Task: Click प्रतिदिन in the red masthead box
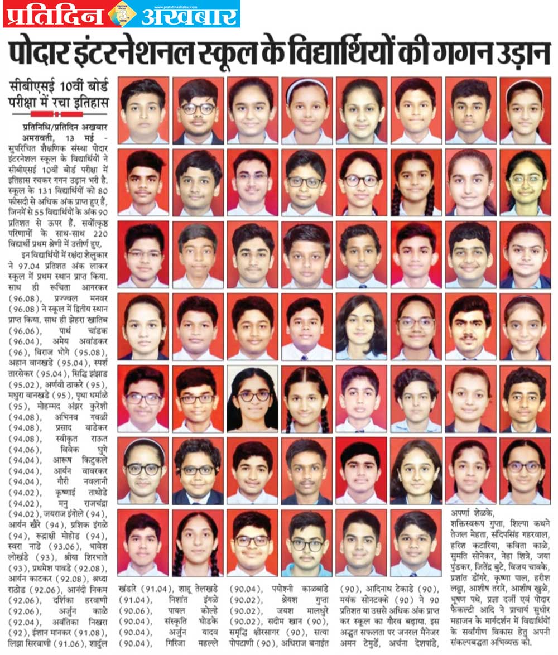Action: coord(52,15)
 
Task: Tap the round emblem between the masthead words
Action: coord(122,15)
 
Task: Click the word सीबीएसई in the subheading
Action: coord(32,89)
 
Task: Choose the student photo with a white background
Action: coord(253,398)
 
